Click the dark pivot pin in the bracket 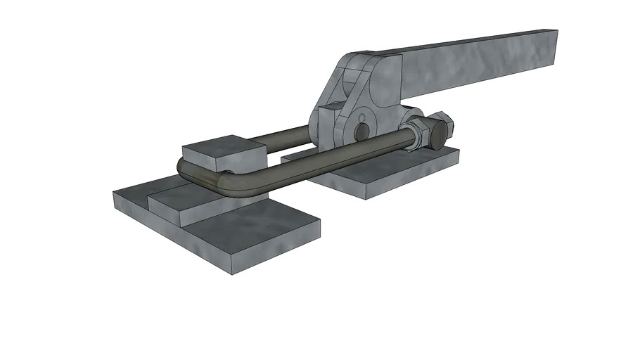click(361, 131)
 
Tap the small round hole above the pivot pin click(361, 115)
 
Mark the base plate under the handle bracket click(380, 172)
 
